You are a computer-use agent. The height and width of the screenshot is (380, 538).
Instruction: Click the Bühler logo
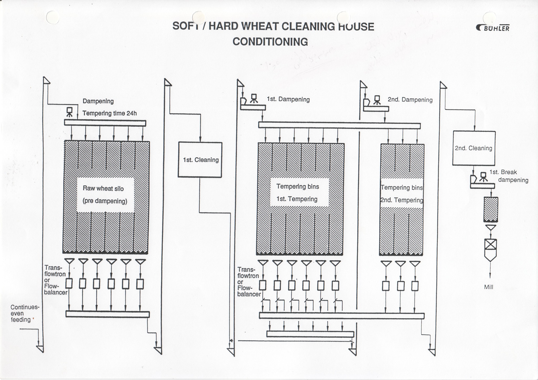click(x=493, y=28)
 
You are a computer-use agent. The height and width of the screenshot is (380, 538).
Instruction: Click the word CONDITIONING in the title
click(x=270, y=42)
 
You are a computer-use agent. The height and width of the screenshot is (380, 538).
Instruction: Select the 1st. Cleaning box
click(x=200, y=160)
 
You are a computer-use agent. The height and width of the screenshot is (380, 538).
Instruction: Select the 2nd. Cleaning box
click(x=474, y=148)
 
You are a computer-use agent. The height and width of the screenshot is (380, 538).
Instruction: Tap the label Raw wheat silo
click(x=103, y=188)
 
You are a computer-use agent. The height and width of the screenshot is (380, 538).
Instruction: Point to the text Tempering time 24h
click(x=110, y=113)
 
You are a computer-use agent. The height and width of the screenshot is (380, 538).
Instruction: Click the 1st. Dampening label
click(x=288, y=99)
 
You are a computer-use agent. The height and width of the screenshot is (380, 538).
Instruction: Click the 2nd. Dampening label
click(x=410, y=100)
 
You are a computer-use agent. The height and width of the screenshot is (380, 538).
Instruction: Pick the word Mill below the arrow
click(x=489, y=287)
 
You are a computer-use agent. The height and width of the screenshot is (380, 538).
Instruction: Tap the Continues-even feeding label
click(x=25, y=313)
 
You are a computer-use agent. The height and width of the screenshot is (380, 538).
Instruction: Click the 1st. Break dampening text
click(x=508, y=176)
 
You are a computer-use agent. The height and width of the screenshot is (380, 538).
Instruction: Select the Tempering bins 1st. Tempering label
click(x=297, y=193)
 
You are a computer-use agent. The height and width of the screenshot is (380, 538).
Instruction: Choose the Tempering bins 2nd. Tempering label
click(x=402, y=194)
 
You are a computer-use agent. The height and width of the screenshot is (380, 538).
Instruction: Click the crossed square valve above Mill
click(x=490, y=244)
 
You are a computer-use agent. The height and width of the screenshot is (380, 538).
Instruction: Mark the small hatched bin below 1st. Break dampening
click(x=491, y=209)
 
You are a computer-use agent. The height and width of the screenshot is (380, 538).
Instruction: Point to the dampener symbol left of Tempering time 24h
click(x=70, y=112)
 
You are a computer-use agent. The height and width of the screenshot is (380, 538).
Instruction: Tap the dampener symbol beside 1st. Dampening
click(x=254, y=98)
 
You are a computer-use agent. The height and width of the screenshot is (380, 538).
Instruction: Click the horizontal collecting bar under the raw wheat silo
click(x=107, y=314)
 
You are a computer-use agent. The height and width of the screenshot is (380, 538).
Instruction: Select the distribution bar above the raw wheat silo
click(x=105, y=123)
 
